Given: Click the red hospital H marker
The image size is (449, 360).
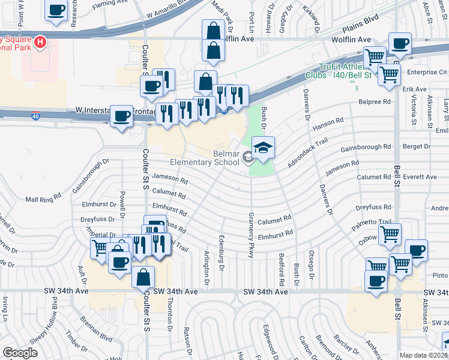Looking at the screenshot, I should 40,42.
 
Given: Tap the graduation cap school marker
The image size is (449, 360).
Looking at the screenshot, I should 263,148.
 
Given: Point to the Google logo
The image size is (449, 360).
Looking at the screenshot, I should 20,353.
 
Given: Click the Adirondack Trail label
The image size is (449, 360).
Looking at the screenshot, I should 309,153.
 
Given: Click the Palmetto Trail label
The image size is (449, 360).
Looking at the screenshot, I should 373,222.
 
